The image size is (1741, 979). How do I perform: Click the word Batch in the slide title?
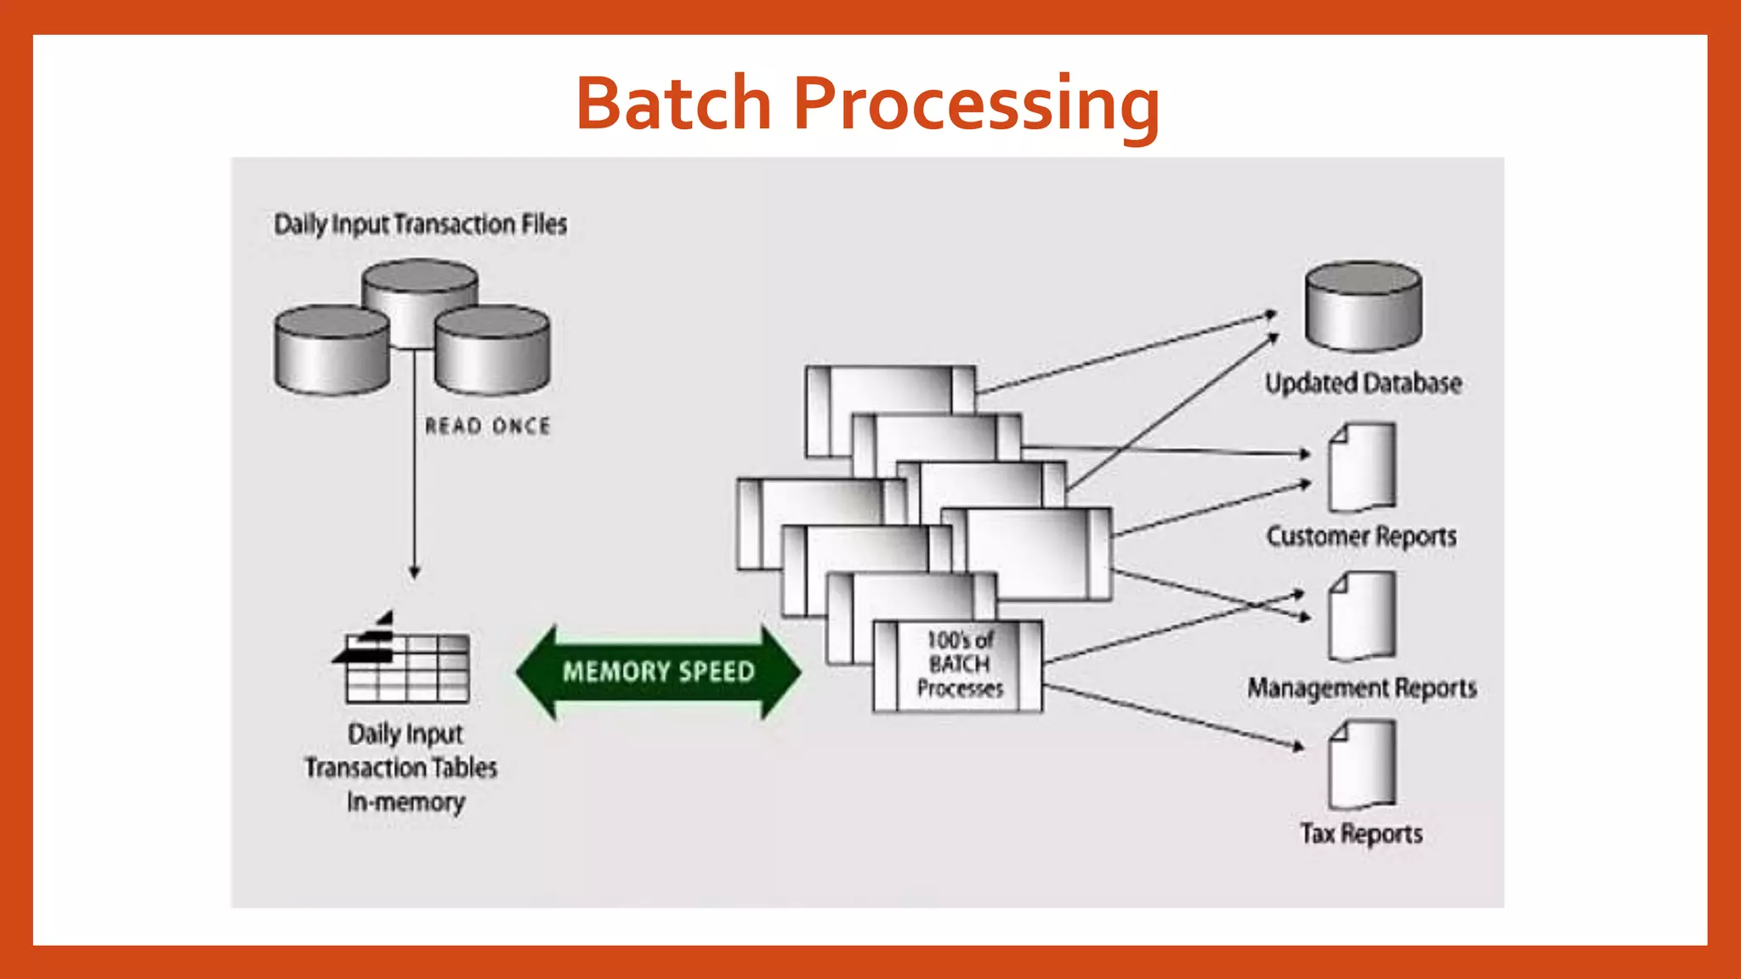[x=673, y=104]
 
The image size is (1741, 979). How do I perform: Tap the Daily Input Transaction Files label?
[x=420, y=224]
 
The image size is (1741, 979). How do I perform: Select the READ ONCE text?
[x=487, y=426]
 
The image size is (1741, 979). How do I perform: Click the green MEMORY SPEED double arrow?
[x=658, y=671]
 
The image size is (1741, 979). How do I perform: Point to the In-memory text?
[x=405, y=801]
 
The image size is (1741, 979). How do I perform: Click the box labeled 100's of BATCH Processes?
[x=959, y=665]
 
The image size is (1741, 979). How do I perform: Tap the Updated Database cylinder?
[x=1363, y=307]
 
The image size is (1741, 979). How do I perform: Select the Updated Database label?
[x=1363, y=383]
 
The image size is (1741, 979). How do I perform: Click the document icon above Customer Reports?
[x=1362, y=467]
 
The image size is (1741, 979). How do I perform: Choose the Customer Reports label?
[x=1361, y=536]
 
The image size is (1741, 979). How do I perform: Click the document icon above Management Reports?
[x=1362, y=616]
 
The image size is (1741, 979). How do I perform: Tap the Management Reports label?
[x=1362, y=688]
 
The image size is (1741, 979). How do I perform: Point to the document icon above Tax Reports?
[x=1362, y=765]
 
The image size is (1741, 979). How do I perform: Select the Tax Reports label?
[x=1361, y=834]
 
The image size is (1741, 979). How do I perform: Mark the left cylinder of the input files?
[x=332, y=350]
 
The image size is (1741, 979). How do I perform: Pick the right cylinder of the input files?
[x=492, y=350]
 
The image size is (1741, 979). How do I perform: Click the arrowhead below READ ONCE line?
[x=414, y=572]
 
